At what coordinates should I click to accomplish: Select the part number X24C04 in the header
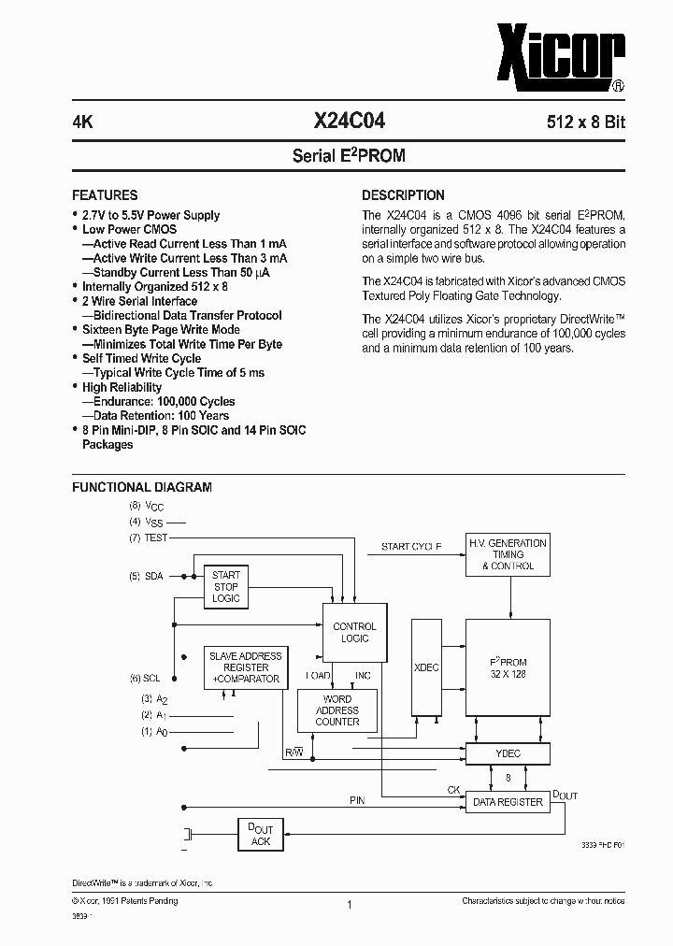coord(349,122)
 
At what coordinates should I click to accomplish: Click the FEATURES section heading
coord(105,195)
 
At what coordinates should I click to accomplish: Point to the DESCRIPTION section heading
coord(403,195)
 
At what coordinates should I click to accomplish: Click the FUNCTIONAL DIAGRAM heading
coord(142,487)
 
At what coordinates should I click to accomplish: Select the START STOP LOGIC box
coord(226,586)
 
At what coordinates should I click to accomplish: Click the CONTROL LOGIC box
coord(354,633)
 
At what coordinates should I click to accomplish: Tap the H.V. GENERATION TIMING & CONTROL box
coord(508,554)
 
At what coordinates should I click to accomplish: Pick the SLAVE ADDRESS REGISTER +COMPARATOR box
coord(245,667)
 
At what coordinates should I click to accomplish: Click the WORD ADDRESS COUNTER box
coord(337,710)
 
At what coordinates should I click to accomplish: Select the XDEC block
coord(426,668)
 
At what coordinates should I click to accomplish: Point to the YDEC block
coord(508,753)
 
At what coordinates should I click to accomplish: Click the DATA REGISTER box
coord(508,802)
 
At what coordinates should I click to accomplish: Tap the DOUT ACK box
coord(261,835)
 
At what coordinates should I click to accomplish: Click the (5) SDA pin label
coord(147,577)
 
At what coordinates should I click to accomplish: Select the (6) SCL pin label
coord(147,678)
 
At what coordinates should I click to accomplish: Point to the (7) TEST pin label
coord(149,537)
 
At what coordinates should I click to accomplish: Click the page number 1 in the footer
coord(349,904)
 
